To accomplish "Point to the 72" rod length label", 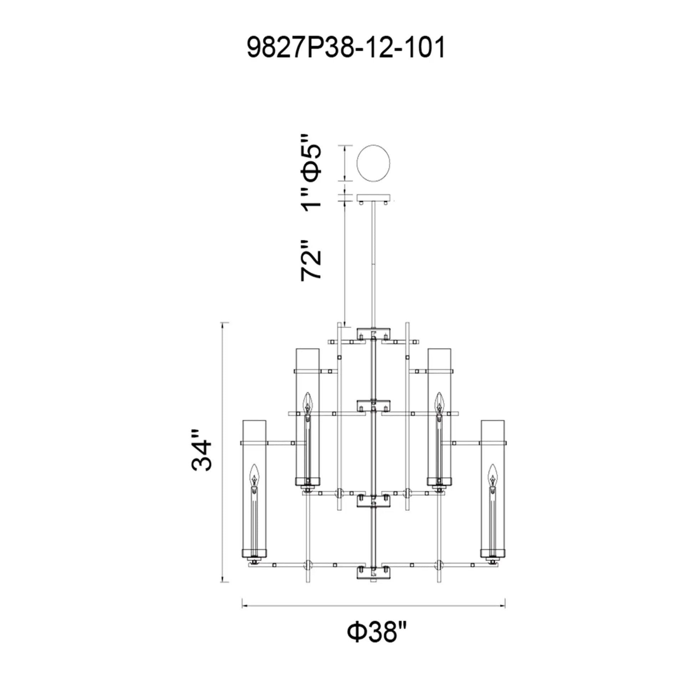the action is pos(311,260).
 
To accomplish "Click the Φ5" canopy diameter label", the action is pos(311,159).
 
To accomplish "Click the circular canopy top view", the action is pos(374,163).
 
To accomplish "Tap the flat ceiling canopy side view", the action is pos(374,198).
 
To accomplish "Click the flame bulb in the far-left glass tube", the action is pos(254,476).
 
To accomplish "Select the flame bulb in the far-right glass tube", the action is pos(493,476).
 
